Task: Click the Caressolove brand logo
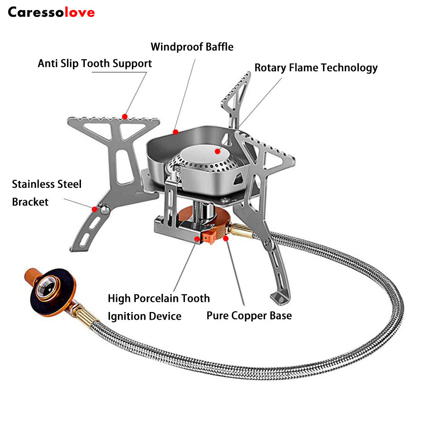[x=51, y=12]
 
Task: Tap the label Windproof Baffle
[x=192, y=46]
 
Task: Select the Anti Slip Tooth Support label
[x=95, y=64]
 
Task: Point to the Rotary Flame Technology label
[x=316, y=68]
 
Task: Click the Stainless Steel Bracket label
[x=47, y=193]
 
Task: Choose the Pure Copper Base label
[x=249, y=316]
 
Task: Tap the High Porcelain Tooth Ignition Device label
[x=159, y=307]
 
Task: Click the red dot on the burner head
[x=218, y=151]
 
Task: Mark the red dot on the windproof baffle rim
[x=175, y=132]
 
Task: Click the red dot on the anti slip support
[x=125, y=116]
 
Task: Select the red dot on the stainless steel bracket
[x=94, y=208]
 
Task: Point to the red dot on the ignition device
[x=197, y=239]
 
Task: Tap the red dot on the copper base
[x=226, y=239]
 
